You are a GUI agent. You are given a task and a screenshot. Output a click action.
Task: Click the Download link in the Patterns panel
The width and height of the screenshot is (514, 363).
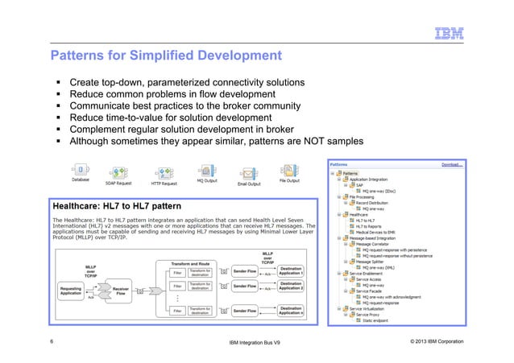point(450,164)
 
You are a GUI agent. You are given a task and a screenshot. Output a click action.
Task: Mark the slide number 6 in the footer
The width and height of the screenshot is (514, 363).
point(52,342)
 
